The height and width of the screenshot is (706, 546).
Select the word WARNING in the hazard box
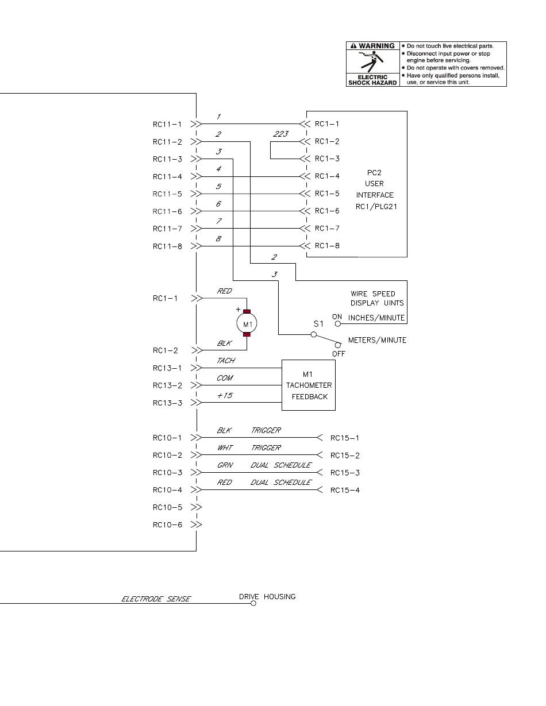point(376,46)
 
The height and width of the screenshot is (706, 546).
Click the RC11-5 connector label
point(167,194)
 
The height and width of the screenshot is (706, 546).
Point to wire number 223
point(281,134)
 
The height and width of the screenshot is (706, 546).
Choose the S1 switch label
point(318,324)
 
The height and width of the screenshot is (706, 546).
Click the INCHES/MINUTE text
point(376,318)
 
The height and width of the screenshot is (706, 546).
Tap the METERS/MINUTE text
point(378,340)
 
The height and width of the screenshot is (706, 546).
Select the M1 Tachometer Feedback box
point(309,385)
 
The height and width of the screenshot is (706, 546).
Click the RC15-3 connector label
point(345,473)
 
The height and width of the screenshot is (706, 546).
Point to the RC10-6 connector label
point(167,524)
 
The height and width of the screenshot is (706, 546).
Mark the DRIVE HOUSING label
point(267,596)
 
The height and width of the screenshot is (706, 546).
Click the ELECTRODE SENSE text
point(156,599)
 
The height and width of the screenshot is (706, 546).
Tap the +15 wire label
point(225,395)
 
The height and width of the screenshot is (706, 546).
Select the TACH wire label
point(225,360)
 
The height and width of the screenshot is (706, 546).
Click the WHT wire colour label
point(225,447)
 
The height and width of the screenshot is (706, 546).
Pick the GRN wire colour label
point(225,465)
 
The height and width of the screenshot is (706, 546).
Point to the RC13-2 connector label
point(167,385)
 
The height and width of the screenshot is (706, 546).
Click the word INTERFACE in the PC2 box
point(375,195)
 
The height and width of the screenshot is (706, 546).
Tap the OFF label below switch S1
point(339,354)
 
